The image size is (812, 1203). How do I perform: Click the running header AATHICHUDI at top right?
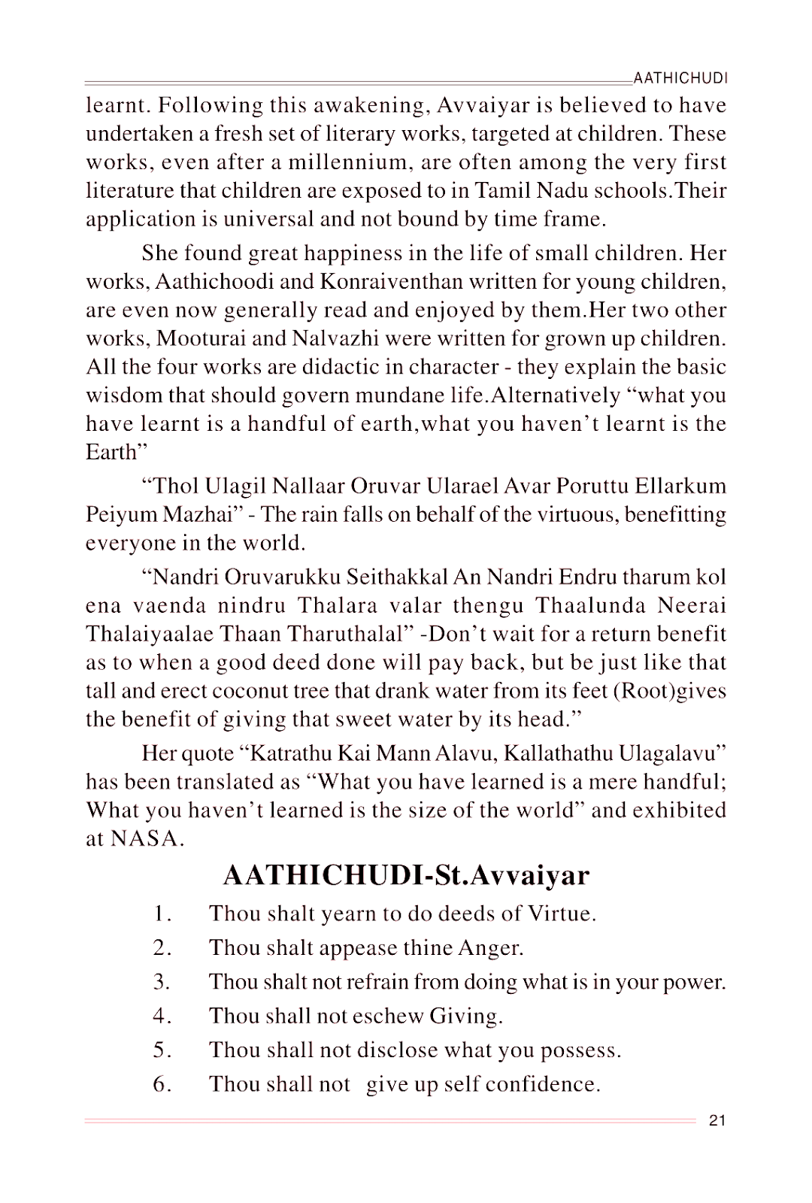[680, 78]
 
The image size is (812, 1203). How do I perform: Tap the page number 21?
[717, 1120]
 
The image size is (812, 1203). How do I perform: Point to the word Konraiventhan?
[390, 282]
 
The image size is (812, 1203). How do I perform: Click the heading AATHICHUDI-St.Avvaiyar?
[406, 875]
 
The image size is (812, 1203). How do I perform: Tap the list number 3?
[161, 982]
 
